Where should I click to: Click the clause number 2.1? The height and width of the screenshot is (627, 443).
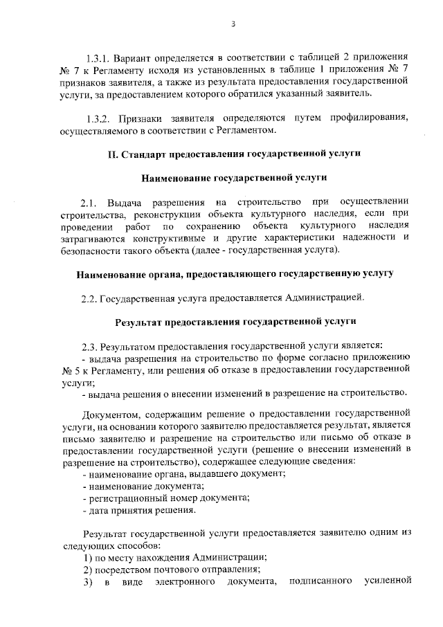[90, 202]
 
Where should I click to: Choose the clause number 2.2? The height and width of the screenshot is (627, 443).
[90, 299]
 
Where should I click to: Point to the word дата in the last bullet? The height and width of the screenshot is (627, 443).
[98, 511]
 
